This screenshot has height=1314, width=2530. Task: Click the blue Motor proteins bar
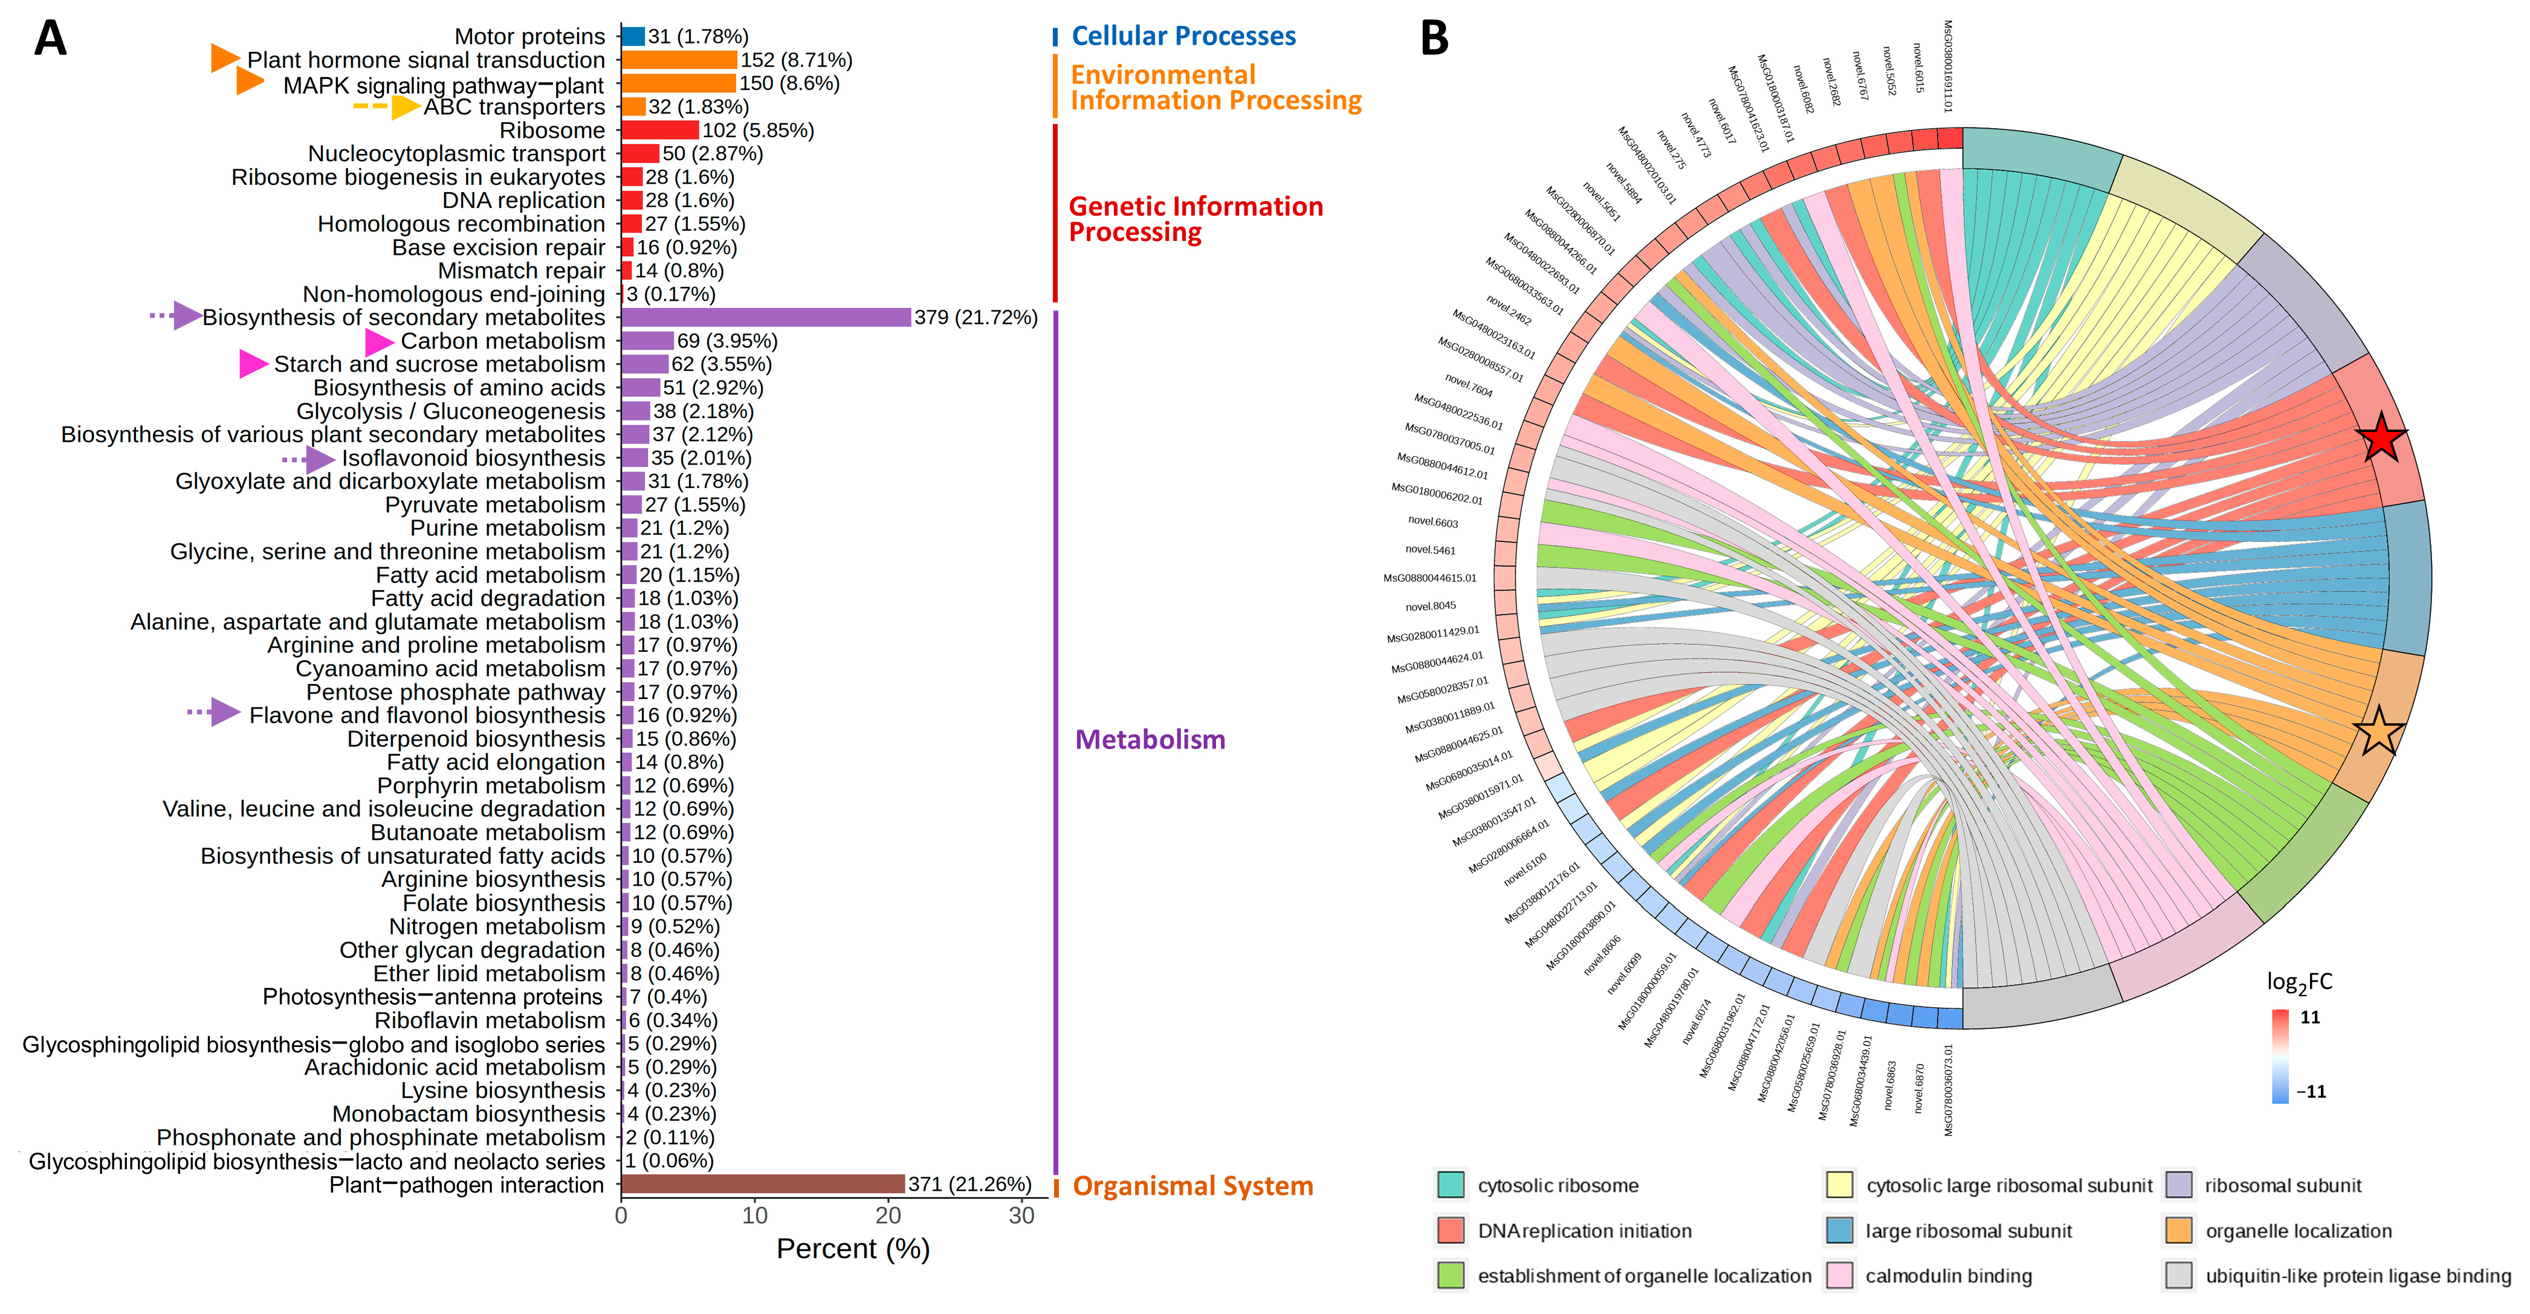632,36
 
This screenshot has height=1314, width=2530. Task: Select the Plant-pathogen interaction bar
762,1184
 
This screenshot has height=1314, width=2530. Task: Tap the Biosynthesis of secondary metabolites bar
766,317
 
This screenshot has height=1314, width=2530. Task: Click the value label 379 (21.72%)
975,317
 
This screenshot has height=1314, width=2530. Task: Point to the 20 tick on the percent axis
888,1216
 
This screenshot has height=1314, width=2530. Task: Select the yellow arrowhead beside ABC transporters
405,106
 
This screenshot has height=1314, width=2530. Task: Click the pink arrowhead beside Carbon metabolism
379,342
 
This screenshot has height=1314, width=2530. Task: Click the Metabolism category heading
1150,739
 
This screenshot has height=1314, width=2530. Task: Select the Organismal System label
1192,1187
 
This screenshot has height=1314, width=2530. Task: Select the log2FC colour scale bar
2280,1055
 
